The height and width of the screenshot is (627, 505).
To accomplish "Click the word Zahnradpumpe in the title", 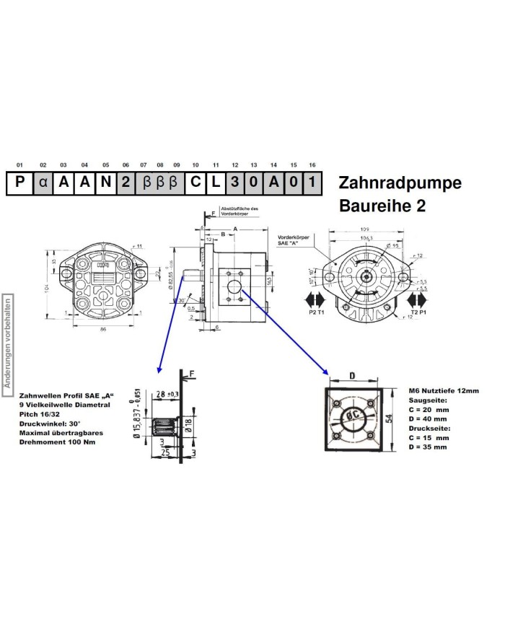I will click(x=399, y=183).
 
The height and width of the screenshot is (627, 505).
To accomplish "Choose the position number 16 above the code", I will click(x=312, y=165).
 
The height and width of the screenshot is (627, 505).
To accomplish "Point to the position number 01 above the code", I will click(x=19, y=165).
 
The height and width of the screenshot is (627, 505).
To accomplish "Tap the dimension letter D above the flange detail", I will click(x=352, y=375).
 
